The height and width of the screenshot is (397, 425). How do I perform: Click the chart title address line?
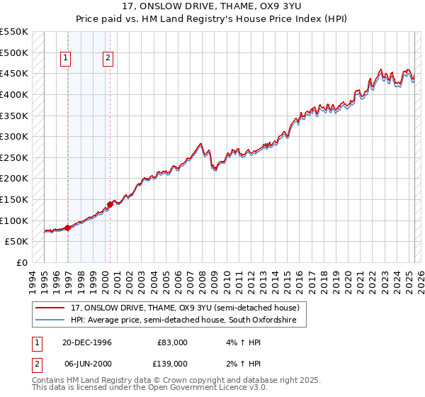(x=212, y=6)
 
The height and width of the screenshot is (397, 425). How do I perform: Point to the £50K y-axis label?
(x=16, y=242)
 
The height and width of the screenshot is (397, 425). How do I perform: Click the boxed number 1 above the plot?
(x=66, y=59)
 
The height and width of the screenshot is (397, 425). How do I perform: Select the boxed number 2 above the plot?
(x=108, y=59)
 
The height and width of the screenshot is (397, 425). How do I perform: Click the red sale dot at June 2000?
(x=110, y=204)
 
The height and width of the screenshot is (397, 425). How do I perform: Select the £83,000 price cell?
(x=172, y=342)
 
